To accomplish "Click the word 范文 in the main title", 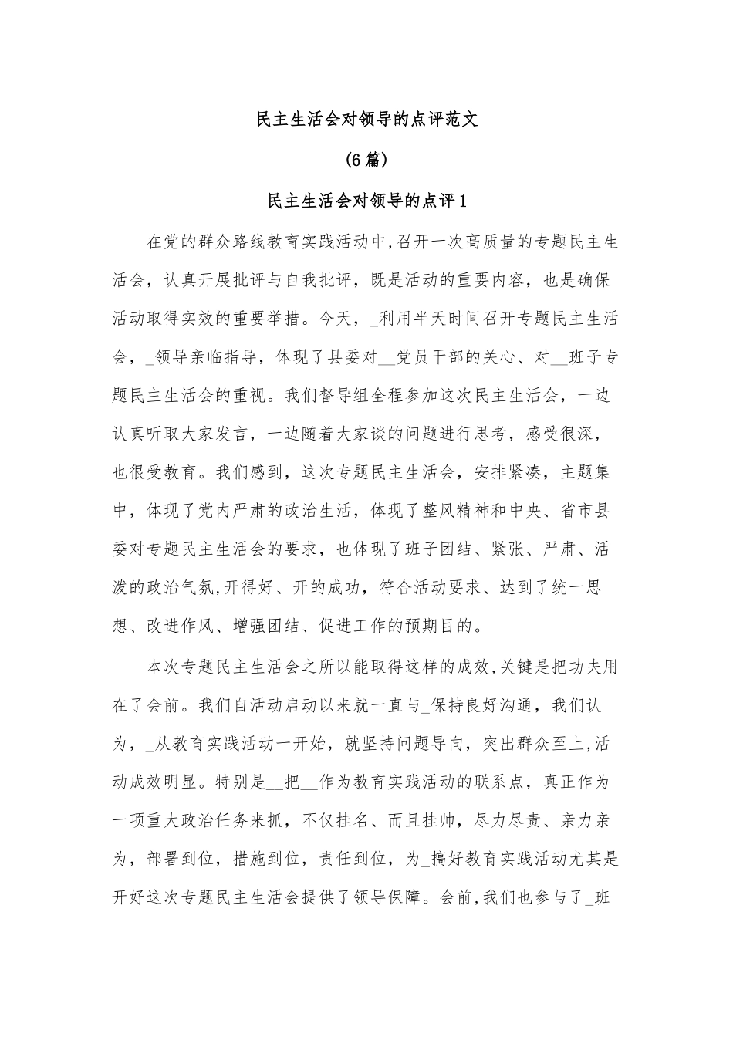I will tap(462, 120).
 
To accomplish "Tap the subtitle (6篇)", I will tap(366, 160).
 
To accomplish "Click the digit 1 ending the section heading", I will tap(463, 201).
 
